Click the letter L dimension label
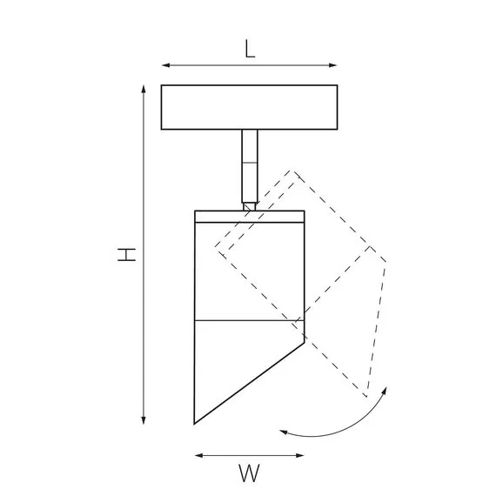tap(250, 50)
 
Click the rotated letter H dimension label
tap(126, 255)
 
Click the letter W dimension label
tap(249, 473)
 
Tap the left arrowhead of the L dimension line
tap(165, 65)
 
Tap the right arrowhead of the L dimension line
tap(332, 65)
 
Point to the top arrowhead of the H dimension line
tap(144, 90)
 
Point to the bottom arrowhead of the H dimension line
tap(144, 420)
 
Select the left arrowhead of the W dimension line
tap(199, 455)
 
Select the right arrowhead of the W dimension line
tap(300, 455)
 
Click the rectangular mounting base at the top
tap(249, 107)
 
